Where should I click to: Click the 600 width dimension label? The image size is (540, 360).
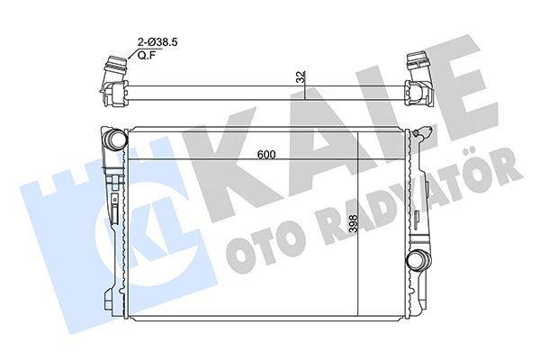(x=265, y=154)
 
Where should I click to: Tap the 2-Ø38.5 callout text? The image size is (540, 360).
(x=153, y=42)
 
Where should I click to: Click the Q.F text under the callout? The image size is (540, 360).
(x=146, y=55)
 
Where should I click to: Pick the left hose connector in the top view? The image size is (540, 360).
(x=112, y=76)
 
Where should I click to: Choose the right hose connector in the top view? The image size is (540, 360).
(x=418, y=76)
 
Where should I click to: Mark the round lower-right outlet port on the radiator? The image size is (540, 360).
(x=416, y=261)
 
